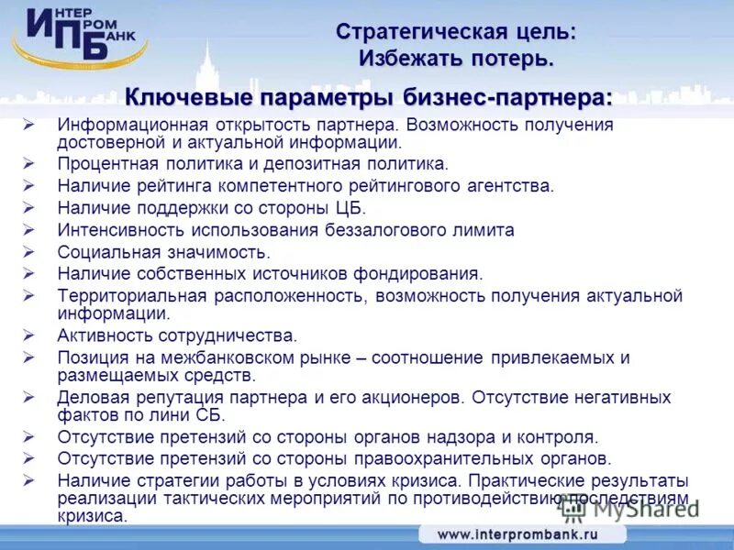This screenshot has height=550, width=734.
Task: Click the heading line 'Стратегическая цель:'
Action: click(x=456, y=32)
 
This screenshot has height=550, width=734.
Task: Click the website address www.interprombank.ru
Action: click(x=517, y=534)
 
